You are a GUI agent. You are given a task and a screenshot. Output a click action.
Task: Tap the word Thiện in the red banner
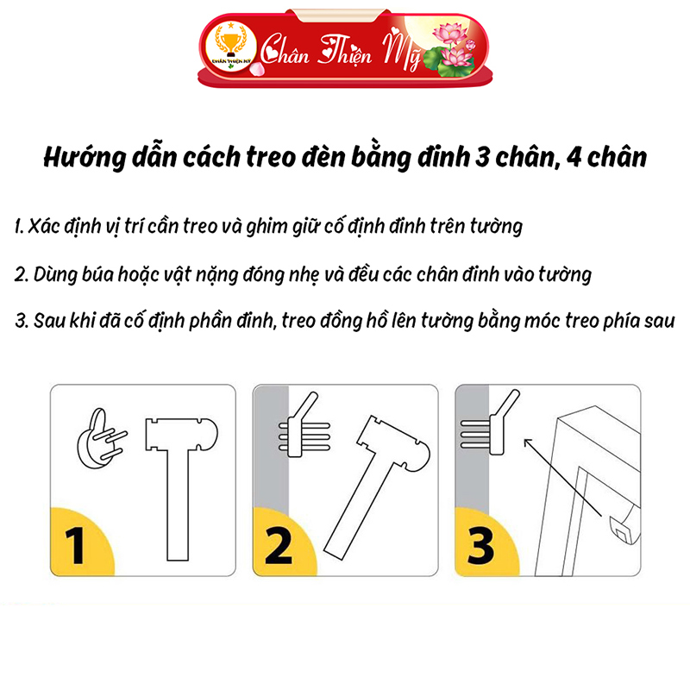[x=346, y=52]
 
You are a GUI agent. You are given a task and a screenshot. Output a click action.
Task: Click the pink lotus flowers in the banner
[x=454, y=49]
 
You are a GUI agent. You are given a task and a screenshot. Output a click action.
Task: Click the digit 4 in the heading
[x=574, y=158]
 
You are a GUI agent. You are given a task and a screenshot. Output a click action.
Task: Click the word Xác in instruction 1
[x=44, y=226]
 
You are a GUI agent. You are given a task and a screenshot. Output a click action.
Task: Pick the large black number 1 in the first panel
[x=75, y=546]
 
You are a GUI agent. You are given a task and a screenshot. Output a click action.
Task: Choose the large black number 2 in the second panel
[x=279, y=546]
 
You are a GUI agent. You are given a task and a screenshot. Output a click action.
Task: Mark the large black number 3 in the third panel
[x=480, y=546]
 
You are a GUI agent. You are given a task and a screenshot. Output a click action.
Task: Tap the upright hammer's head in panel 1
[x=181, y=434]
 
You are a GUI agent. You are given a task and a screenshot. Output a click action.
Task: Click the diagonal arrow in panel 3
[x=563, y=477]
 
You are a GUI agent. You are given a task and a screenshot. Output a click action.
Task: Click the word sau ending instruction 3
[x=659, y=321]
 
